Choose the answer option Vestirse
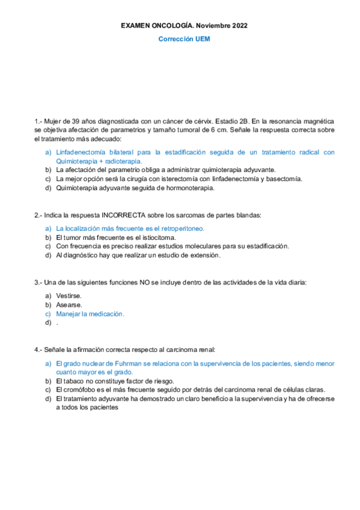69,296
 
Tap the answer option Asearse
69,305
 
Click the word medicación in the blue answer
106,314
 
